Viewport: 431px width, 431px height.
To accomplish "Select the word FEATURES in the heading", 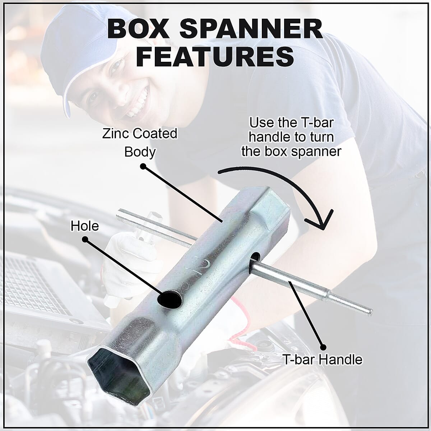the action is pyautogui.click(x=215, y=56).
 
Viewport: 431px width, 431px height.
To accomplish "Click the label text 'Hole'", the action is pyautogui.click(x=84, y=226).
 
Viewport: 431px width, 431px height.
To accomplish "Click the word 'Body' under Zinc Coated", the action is pyautogui.click(x=140, y=152).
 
